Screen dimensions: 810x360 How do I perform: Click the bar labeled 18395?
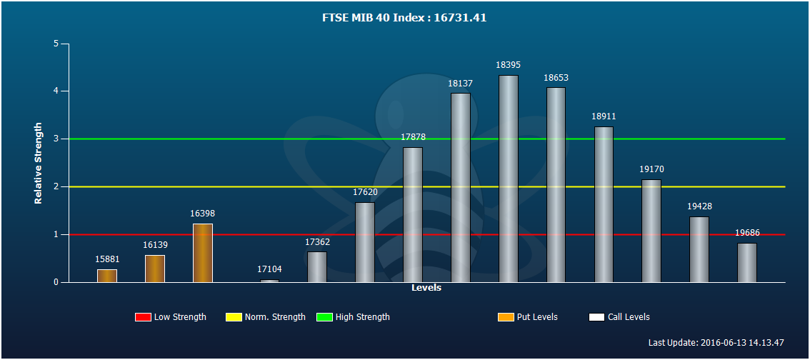point(509,179)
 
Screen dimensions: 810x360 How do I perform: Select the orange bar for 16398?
point(203,253)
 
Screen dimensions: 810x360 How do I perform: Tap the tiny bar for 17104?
point(269,281)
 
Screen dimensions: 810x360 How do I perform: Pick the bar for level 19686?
point(747,263)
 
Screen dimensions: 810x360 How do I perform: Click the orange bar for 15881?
point(107,276)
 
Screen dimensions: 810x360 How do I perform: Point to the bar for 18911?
point(604,204)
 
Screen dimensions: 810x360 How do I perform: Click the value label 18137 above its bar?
point(460,83)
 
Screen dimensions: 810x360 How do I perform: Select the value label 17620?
point(365,192)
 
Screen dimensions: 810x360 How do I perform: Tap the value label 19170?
point(651,169)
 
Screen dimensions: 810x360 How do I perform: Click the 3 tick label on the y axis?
point(55,139)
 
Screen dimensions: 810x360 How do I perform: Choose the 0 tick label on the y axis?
point(55,283)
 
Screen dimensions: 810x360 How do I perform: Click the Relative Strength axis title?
point(39,163)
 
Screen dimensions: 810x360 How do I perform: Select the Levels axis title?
point(426,288)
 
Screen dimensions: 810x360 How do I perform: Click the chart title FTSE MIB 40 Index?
point(404,18)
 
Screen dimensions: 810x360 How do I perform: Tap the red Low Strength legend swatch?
point(143,317)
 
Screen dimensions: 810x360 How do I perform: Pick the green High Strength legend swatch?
point(324,317)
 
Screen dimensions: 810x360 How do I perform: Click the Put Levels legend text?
point(537,317)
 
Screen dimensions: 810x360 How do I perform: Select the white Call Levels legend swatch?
point(596,317)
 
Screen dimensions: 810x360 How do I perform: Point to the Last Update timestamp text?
point(716,342)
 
